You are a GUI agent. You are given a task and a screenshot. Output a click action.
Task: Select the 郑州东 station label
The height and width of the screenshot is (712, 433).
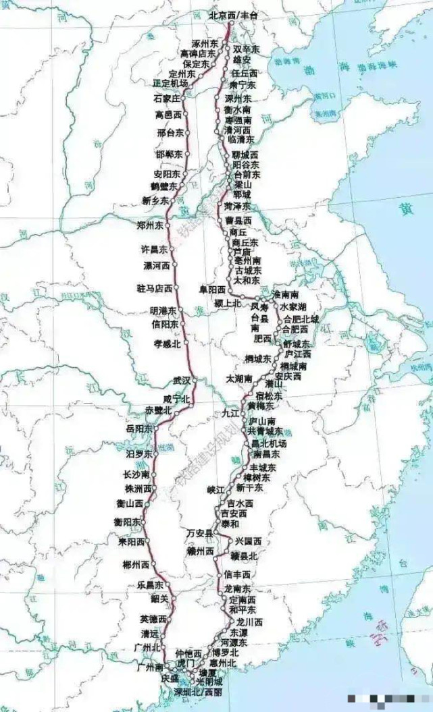[149, 225]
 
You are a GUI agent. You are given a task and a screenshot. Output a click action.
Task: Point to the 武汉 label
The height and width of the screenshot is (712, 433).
[182, 380]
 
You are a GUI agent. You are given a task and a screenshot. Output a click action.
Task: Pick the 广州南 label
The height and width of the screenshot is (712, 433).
[147, 667]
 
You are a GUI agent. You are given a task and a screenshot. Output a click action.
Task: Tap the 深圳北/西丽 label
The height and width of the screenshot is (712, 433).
[198, 692]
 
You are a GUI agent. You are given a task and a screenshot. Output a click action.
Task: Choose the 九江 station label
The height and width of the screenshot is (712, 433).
[230, 413]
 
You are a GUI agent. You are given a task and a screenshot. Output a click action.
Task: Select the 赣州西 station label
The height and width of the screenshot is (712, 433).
[200, 551]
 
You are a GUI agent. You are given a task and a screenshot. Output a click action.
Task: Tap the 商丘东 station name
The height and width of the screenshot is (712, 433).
[245, 242]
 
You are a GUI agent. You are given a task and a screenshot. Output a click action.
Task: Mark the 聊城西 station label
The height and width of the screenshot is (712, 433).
[245, 155]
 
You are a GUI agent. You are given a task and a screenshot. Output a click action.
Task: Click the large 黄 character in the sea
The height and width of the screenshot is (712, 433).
[406, 209]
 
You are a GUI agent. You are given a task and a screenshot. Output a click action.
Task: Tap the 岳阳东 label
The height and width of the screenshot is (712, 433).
[139, 429]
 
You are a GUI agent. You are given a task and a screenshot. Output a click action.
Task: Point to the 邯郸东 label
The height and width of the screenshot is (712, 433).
[168, 154]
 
